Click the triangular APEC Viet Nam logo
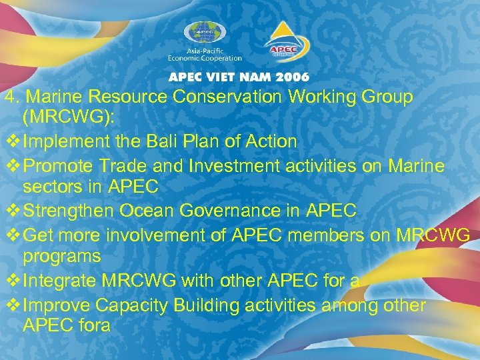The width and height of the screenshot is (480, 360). point(286,41)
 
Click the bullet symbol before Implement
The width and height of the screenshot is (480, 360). point(11,141)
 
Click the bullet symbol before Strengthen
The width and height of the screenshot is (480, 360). point(11,211)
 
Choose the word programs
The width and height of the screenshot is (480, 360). point(62,256)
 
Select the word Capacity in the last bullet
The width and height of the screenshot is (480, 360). point(125,305)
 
